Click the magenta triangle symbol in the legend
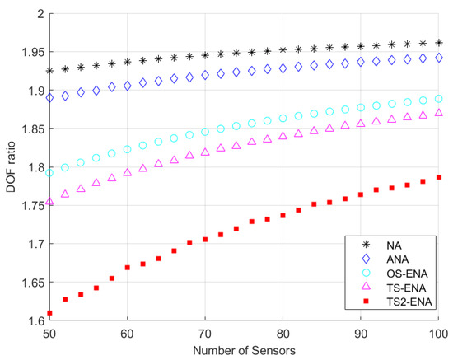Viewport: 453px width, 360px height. point(357,288)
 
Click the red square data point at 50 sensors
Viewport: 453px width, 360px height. point(49,313)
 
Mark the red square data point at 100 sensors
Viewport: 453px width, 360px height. point(439,177)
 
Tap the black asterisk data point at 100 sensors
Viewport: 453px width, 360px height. point(439,43)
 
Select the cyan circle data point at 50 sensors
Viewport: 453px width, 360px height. point(49,173)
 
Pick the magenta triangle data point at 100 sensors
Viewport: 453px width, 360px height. point(439,113)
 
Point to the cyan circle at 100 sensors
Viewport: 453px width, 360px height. point(439,99)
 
